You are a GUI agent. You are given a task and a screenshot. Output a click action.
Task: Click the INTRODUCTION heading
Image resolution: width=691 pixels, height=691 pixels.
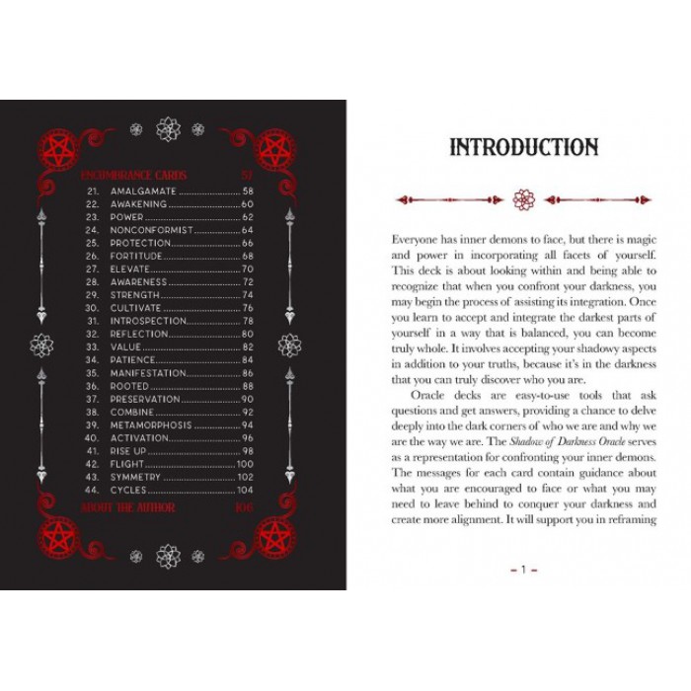(x=523, y=148)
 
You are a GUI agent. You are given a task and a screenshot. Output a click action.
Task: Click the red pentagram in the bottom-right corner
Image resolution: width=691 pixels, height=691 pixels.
(x=274, y=539)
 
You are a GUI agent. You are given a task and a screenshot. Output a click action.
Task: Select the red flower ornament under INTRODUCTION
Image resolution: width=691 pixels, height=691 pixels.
(x=523, y=200)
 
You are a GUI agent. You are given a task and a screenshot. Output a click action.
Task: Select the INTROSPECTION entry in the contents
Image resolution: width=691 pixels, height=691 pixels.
(x=148, y=321)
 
